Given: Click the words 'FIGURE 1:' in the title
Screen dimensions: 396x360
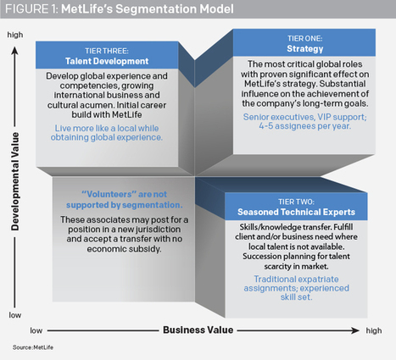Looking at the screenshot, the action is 31,9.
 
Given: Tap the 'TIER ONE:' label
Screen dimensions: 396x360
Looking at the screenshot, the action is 304,38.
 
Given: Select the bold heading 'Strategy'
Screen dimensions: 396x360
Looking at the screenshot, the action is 304,48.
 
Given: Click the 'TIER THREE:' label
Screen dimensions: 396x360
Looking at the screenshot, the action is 107,51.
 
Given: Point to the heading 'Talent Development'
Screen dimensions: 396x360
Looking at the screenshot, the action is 107,61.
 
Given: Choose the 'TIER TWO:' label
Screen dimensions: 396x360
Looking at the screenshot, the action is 296,202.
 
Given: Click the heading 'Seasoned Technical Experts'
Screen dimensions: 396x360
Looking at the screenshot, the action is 296,212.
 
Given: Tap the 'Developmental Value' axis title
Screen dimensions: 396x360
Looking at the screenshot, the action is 15,181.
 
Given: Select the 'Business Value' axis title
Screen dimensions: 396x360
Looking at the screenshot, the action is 198,330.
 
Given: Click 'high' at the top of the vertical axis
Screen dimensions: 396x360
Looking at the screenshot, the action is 15,35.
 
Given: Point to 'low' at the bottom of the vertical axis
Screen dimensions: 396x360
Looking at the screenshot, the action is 15,315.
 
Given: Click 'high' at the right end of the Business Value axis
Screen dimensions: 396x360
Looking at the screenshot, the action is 374,330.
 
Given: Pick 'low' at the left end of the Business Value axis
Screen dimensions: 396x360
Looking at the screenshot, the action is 36,330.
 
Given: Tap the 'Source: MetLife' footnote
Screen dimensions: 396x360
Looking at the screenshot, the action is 33,347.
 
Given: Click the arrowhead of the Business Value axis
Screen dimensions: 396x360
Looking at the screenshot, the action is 355,330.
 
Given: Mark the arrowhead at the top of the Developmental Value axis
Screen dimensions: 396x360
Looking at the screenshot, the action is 15,51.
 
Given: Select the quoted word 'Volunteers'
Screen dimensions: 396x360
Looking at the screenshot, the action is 107,194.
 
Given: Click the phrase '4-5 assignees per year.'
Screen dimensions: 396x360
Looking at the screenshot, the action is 305,126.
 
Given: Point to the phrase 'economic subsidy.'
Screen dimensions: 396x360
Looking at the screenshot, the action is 124,249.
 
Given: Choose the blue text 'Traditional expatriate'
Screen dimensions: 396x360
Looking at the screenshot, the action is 296,279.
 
